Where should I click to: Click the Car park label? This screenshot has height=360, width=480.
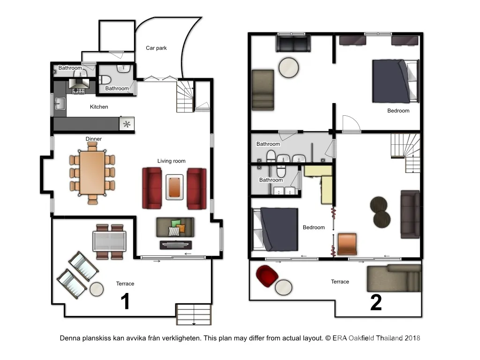tap(156, 48)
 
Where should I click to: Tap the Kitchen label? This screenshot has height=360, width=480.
tap(99, 107)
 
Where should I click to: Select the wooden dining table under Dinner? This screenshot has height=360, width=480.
tap(92, 173)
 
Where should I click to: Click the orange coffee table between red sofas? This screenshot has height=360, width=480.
tap(174, 187)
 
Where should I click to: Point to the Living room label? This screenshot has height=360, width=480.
tap(172, 161)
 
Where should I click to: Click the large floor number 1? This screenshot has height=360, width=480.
tap(125, 301)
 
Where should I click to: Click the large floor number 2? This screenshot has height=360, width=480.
tap(376, 302)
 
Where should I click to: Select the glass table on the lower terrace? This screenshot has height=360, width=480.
tap(109, 241)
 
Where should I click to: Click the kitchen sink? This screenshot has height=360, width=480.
tap(60, 104)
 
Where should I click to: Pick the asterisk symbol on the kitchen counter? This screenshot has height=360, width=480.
tap(127, 124)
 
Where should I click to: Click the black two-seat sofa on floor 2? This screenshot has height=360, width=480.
tap(293, 44)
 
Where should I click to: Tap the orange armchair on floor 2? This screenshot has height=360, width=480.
tap(347, 244)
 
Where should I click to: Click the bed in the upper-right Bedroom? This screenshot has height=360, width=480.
tap(395, 81)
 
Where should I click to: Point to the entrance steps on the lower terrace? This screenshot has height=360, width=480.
tap(194, 315)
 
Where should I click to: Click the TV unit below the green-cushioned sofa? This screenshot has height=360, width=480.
tap(176, 245)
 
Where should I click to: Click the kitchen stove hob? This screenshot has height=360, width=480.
tap(79, 90)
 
